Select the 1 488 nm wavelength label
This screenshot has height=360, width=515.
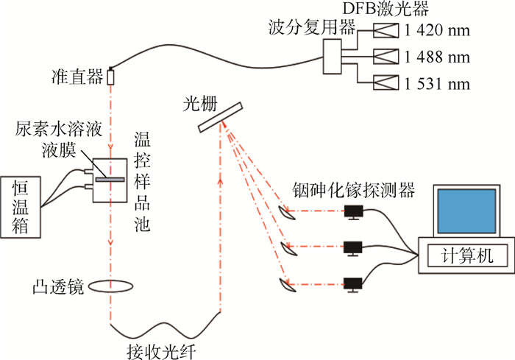(x=436, y=56)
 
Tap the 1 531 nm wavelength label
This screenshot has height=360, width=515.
(x=436, y=82)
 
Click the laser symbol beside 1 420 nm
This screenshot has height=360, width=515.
(x=386, y=31)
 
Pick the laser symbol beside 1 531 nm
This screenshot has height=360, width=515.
(x=386, y=82)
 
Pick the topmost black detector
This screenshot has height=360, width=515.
(x=355, y=212)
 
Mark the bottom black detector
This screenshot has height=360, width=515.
(x=355, y=282)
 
